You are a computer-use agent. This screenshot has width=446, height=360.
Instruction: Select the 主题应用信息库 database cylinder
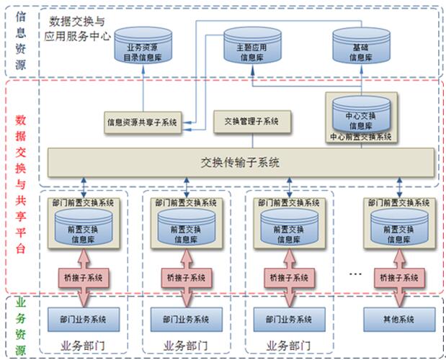click(x=252, y=47)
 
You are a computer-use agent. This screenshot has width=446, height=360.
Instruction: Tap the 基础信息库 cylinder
click(x=360, y=47)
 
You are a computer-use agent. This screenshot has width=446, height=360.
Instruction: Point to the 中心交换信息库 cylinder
click(x=360, y=114)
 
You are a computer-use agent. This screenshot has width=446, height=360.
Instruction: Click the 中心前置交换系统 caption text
click(x=361, y=136)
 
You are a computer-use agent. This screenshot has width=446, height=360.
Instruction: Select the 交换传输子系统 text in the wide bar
click(x=241, y=163)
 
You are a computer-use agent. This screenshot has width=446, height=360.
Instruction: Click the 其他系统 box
click(x=400, y=319)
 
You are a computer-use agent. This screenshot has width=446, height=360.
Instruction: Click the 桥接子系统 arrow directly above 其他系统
click(x=400, y=277)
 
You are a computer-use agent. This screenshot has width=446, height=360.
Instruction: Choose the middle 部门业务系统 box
click(x=186, y=319)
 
